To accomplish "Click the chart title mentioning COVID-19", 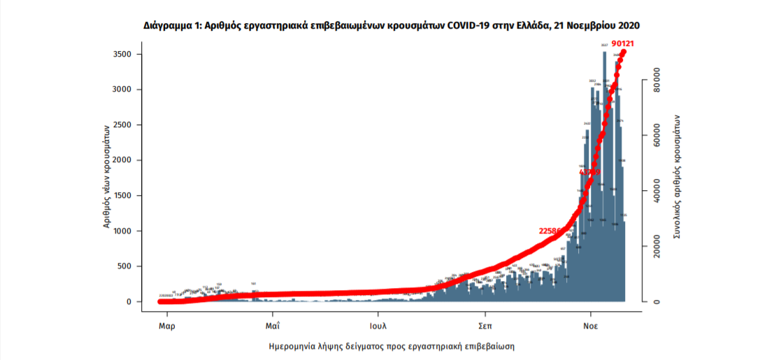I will pos(392,25).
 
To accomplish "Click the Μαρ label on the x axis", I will pos(166,326).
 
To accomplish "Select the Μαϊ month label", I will pos(273,326).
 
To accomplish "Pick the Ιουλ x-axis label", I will pos(378,326).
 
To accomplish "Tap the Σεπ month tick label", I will pos(484,326).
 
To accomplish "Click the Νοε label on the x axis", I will pos(591,326).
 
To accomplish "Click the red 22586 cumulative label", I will pos(552,231).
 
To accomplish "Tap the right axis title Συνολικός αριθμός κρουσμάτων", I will pos(677,178).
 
